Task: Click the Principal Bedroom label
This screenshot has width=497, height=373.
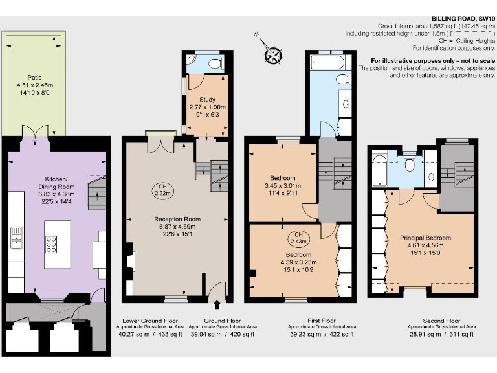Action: pos(425,238)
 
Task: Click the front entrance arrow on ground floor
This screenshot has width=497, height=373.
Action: pos(217,304)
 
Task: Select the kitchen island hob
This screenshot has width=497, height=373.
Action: pos(51,244)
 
